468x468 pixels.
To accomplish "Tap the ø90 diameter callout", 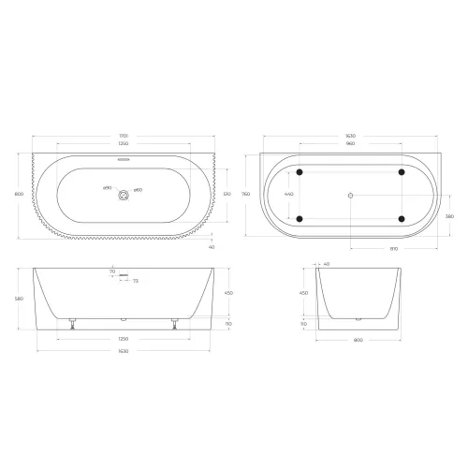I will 107,189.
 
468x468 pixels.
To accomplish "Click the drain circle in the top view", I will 122,195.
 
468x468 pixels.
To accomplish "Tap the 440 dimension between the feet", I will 288,195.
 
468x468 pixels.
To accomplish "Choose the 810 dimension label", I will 394,249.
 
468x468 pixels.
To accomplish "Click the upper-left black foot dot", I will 300,172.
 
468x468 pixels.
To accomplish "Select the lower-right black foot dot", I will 402,219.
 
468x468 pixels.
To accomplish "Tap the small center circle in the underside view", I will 350,195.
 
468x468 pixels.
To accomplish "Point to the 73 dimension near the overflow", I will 135,281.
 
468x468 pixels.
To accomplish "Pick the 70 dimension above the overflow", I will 111,271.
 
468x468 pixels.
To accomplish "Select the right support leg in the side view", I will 172,324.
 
